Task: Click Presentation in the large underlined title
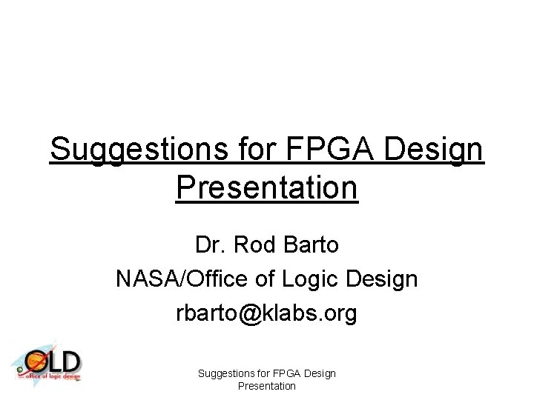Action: pos(267,188)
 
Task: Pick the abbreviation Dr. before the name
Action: pos(210,244)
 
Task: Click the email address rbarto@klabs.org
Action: pos(266,314)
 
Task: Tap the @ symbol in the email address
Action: pos(250,314)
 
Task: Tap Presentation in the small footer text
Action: pos(267,386)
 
